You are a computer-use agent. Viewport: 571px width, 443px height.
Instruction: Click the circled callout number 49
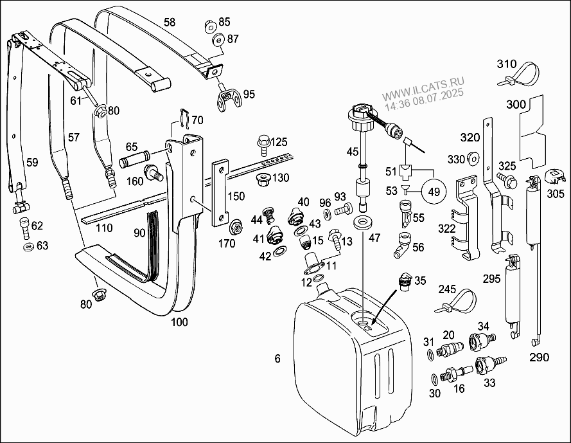[x=434, y=192]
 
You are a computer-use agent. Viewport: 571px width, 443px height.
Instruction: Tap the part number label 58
[x=170, y=23]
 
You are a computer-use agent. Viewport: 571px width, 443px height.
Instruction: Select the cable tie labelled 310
[x=518, y=75]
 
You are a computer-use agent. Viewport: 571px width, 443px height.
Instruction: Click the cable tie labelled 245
[x=455, y=302]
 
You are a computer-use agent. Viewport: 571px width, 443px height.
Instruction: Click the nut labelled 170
[x=236, y=228]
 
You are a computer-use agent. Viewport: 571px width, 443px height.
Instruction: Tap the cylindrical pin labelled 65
[x=134, y=159]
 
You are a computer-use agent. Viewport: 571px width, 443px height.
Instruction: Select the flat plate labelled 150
[x=220, y=194]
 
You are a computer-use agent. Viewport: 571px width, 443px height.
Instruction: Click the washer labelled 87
[x=218, y=41]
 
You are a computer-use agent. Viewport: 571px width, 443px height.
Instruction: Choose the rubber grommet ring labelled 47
[x=363, y=222]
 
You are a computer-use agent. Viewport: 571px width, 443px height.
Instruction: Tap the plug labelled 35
[x=405, y=282]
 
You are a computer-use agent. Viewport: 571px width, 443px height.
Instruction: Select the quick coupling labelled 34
[x=482, y=341]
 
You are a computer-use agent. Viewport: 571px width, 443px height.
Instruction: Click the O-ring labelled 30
[x=434, y=379]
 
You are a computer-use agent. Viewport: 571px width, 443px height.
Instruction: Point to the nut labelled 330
[x=473, y=158]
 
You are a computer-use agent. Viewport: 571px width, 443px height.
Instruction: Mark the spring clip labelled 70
[x=184, y=118]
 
